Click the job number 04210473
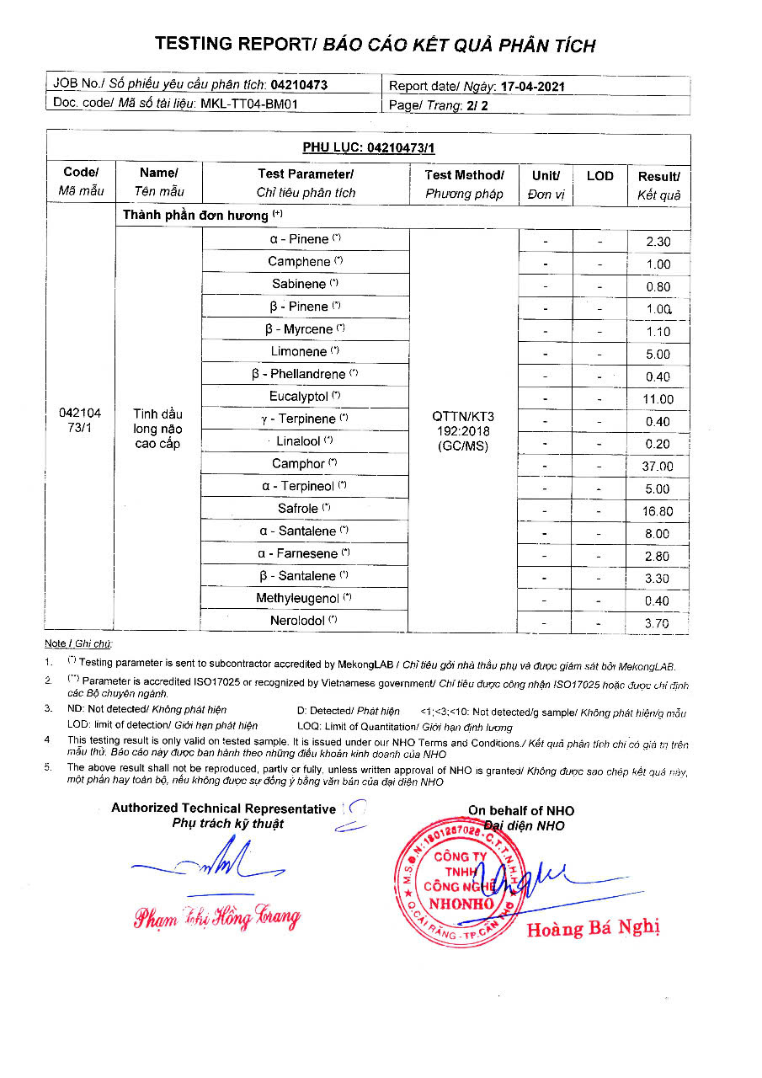299,84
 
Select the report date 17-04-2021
532,86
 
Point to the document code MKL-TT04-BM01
249,104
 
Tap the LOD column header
599,176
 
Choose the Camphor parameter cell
304,464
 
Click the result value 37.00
658,467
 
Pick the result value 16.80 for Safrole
658,511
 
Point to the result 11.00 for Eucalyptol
658,399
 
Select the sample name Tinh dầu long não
157,429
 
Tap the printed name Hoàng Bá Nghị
593,929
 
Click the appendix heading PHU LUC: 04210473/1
368,147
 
